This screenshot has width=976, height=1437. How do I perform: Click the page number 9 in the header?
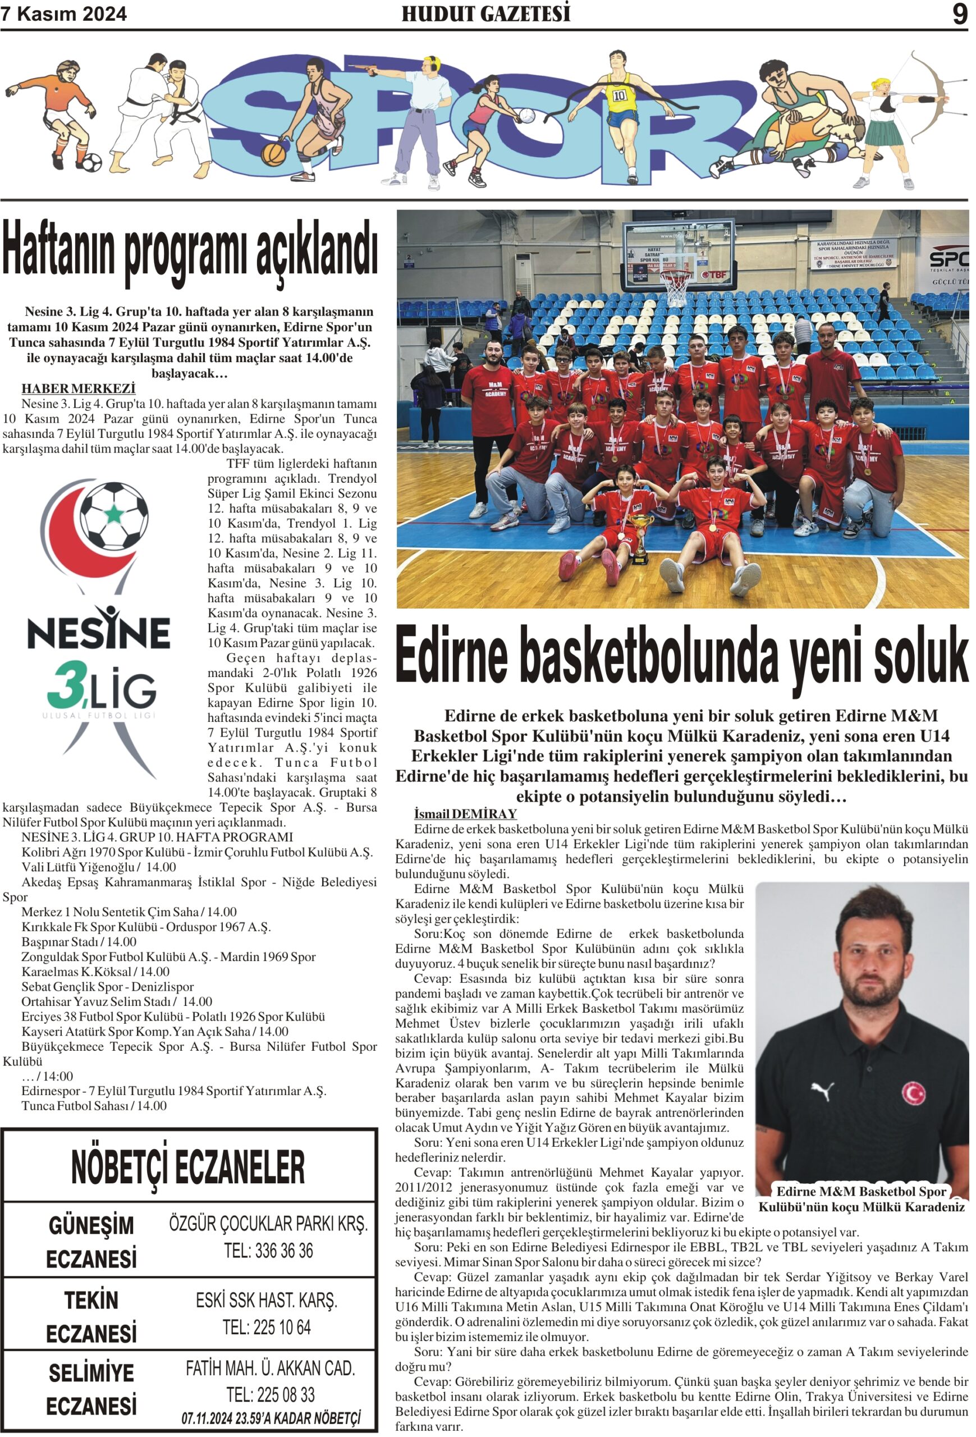[959, 13]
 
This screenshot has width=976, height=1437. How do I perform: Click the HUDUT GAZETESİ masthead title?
[486, 13]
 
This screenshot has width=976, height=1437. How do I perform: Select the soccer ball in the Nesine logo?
[115, 516]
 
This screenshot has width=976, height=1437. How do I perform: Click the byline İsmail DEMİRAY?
[465, 813]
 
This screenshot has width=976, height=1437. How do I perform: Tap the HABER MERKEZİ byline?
[79, 388]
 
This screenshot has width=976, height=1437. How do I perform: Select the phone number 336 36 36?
[269, 1251]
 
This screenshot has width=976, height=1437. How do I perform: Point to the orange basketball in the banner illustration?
[274, 153]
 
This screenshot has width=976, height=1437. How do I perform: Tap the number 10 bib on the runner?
[620, 96]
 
